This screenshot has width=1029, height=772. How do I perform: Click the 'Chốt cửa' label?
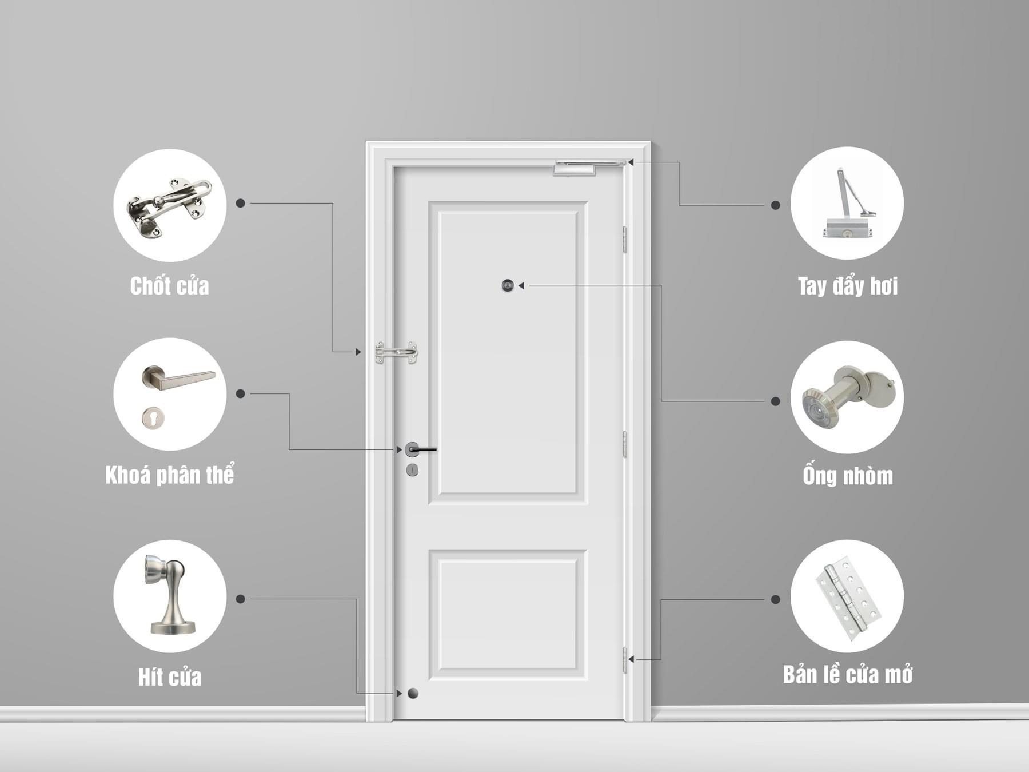[169, 286]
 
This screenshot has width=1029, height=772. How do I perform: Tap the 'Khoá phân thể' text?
[170, 476]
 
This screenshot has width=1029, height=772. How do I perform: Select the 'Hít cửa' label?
[170, 677]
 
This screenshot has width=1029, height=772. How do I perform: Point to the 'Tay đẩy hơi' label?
[847, 286]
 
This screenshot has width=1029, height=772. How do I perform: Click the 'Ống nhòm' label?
[847, 476]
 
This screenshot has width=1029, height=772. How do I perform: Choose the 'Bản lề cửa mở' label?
[847, 675]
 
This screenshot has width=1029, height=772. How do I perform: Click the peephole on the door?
[508, 285]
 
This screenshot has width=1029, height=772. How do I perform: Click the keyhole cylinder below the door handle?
[412, 470]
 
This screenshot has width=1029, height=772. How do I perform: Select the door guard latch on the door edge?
[396, 352]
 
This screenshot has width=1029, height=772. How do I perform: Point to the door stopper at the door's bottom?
[413, 694]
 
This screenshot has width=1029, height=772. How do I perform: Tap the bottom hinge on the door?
[625, 660]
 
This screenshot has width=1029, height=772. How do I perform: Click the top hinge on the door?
[625, 239]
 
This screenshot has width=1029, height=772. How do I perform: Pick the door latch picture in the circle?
[169, 206]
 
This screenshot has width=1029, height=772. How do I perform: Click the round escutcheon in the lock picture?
[153, 417]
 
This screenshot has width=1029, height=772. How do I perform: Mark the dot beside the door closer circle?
[775, 205]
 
